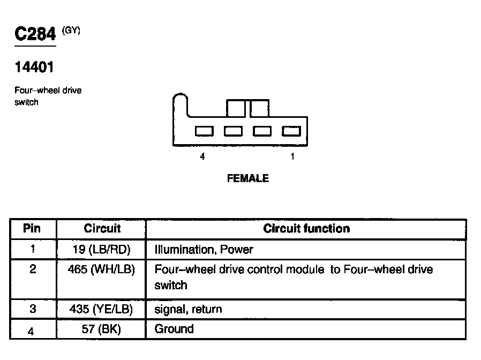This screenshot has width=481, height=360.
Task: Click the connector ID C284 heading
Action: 35,35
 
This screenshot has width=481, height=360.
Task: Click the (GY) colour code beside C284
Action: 71,31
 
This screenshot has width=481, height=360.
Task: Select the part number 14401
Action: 35,68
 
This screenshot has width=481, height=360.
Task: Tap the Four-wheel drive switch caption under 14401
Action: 48,96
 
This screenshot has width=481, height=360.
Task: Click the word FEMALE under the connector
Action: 248,178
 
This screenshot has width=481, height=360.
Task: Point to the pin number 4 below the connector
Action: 202,157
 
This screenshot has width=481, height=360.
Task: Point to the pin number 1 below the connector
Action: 292,157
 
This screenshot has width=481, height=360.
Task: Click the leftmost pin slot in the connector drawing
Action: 204,131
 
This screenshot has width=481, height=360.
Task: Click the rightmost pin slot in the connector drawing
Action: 291,131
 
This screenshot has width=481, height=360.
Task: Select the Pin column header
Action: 32,229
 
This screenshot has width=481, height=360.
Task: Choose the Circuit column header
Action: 102,229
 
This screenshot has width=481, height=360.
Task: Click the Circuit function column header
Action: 306,229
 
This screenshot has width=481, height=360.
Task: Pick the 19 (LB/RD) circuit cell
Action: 101,250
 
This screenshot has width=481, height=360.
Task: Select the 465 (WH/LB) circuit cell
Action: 101,269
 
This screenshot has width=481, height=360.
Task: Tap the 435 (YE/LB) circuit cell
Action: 101,309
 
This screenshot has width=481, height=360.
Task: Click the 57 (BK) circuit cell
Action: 101,329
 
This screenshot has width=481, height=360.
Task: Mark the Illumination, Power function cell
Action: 204,250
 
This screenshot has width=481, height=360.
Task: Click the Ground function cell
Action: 174,329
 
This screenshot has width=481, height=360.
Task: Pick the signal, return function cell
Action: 188,309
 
